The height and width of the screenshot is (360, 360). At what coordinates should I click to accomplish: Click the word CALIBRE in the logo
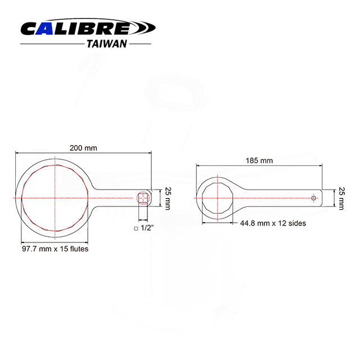pos(76,28)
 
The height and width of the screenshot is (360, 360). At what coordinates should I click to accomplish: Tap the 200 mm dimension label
pos(83,148)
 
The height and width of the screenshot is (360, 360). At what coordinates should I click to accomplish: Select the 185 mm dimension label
pos(259,160)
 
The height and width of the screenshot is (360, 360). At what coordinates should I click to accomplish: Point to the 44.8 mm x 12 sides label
pos(273,223)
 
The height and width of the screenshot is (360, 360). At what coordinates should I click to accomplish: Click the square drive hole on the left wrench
pos(142,197)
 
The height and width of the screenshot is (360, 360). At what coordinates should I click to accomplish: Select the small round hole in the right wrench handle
pos(314,198)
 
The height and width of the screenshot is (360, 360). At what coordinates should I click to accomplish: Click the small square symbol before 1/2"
pos(136,229)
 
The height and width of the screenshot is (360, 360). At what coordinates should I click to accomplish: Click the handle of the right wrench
pos(276,198)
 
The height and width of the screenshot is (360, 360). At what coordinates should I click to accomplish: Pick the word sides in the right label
pos(297,223)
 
